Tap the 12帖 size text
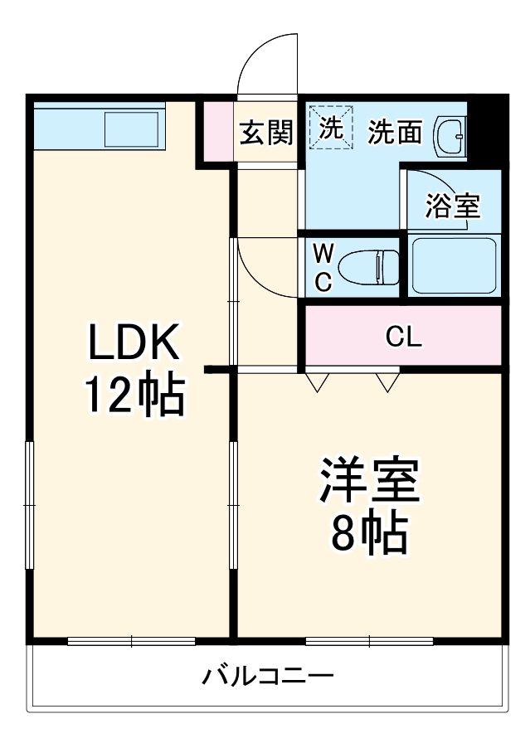133,396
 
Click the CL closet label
404,337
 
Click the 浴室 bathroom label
453,206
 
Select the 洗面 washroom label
395,132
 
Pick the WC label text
323,267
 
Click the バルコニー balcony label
268,677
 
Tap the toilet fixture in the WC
369,266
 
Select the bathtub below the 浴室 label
454,265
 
